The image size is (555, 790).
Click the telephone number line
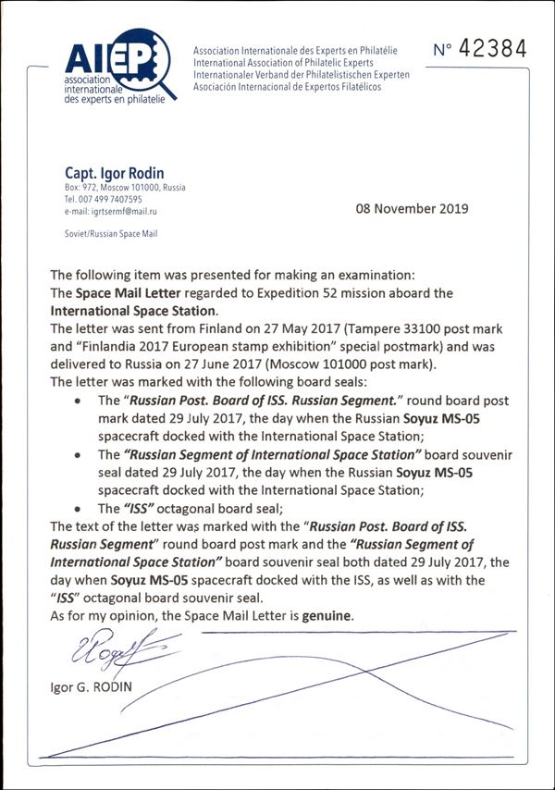coord(104,200)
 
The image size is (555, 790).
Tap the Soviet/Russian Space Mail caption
coord(111,235)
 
